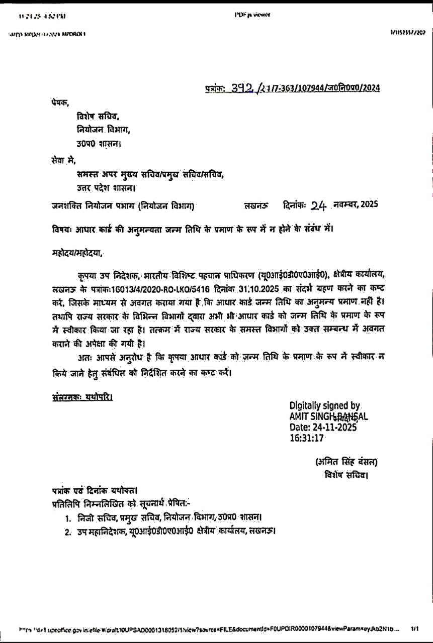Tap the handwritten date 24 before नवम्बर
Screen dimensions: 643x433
coord(319,205)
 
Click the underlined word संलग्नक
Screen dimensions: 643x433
coord(65,397)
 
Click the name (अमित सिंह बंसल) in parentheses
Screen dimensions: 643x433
coord(346,462)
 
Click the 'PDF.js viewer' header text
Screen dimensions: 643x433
coord(252,15)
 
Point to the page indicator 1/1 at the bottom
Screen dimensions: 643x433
coord(415,628)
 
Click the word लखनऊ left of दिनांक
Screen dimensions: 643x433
coord(256,205)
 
